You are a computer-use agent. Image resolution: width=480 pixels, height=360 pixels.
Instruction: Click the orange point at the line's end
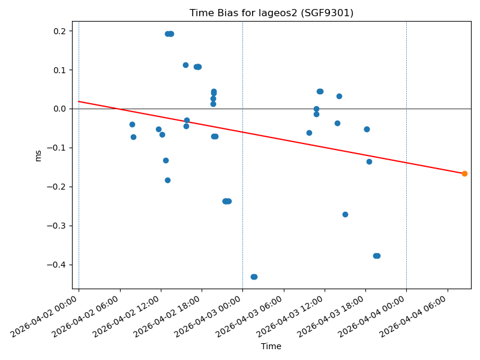pos(464,173)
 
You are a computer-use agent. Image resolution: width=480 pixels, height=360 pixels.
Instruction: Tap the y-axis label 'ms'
pos(38,155)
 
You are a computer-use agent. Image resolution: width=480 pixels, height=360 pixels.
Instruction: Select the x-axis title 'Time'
pos(271,346)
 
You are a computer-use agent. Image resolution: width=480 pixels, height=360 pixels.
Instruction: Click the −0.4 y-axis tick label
pos(58,265)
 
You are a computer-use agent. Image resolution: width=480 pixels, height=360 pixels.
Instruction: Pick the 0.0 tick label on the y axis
pos(61,109)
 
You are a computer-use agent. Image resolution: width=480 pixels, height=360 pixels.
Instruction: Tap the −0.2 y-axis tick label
pos(58,187)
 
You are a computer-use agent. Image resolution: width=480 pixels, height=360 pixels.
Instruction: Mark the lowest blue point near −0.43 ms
pos(254,277)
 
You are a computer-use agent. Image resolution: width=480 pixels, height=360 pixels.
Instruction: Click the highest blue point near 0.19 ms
pos(169,34)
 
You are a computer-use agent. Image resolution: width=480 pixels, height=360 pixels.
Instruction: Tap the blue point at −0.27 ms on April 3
pos(345,214)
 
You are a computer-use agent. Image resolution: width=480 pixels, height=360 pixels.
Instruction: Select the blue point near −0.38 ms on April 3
pos(377,256)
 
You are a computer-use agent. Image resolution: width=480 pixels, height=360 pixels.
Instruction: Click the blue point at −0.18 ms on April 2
pos(167,180)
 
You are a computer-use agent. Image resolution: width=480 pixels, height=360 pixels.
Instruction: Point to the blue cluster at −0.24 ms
pos(227,201)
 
